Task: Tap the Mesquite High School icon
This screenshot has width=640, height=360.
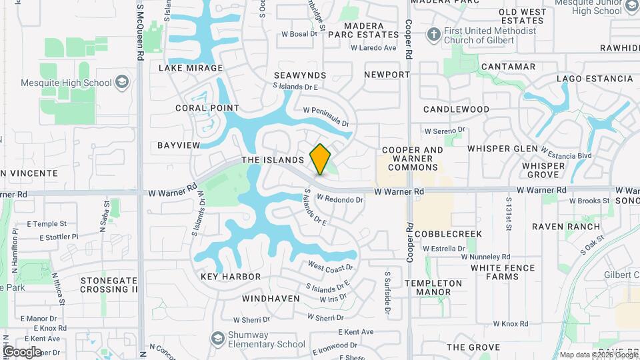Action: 121,83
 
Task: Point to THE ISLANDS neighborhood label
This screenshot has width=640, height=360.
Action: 273,160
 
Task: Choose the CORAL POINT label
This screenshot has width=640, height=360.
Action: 207,108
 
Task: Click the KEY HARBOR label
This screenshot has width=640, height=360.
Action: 231,276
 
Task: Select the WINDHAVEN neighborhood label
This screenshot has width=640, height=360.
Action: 271,299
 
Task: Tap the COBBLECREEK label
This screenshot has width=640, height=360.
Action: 448,234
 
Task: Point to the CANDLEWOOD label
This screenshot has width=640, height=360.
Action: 456,109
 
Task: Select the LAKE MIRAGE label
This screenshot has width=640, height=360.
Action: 191,68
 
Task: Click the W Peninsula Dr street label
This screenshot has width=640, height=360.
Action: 326,117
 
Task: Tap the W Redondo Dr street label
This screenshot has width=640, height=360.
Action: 339,198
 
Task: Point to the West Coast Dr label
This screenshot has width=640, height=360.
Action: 329,267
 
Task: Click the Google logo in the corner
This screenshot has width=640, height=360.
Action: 22,351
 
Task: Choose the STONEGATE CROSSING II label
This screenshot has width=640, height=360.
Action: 109,285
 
